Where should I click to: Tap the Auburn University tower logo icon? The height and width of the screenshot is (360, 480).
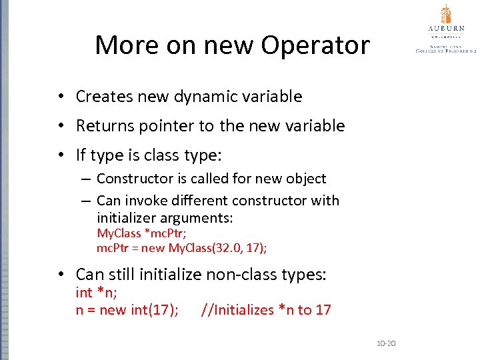click(445, 14)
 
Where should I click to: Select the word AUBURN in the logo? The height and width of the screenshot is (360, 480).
click(445, 29)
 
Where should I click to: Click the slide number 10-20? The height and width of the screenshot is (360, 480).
click(386, 343)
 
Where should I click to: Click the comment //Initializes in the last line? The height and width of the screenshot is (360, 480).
click(237, 310)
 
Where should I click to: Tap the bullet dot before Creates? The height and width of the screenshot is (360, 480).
click(60, 97)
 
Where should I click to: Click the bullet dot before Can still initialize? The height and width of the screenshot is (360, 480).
click(60, 275)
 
